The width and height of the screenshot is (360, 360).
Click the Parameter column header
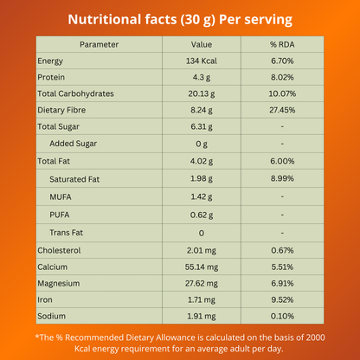(98, 44)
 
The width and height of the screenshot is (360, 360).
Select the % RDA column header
(282, 44)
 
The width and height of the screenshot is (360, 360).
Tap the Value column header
(201, 44)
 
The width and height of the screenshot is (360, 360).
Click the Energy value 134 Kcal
(201, 61)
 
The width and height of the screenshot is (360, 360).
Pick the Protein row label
(51, 77)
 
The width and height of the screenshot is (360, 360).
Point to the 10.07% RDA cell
(282, 93)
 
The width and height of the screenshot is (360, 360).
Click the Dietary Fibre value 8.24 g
(201, 110)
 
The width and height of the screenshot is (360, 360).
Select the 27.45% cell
(282, 110)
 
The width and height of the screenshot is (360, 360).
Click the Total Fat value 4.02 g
(201, 161)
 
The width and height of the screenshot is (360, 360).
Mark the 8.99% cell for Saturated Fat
(282, 178)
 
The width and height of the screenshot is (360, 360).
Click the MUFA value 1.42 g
(201, 196)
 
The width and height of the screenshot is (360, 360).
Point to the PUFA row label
(61, 215)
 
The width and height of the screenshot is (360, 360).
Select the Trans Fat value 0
(201, 233)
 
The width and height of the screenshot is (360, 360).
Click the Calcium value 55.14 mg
(201, 267)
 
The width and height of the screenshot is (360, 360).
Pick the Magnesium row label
(60, 284)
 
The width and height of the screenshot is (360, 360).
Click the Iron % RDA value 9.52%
(282, 300)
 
